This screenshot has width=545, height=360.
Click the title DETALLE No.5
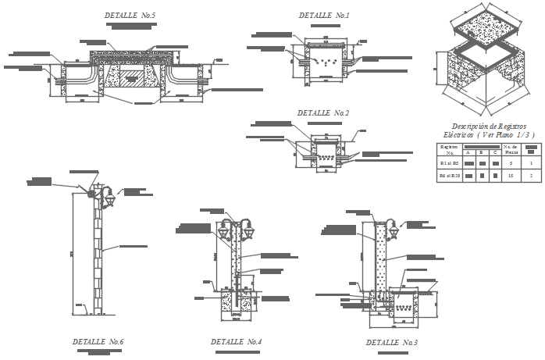click(130, 15)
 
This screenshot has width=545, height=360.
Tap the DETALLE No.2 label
click(322, 112)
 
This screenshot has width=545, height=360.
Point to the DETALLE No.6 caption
click(98, 341)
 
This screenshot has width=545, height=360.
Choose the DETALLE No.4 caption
click(236, 341)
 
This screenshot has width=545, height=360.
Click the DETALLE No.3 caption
click(392, 342)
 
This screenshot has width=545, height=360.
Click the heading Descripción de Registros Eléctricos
click(489, 130)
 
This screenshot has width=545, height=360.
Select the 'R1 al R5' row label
click(448, 164)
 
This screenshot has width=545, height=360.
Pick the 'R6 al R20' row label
click(448, 177)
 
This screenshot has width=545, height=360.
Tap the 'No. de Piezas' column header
click(510, 149)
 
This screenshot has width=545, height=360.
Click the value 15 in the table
click(510, 177)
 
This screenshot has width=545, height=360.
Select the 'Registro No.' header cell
click(448, 149)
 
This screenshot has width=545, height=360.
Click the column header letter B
click(483, 153)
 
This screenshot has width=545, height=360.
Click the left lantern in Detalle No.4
click(224, 230)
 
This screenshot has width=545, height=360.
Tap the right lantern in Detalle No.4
click(250, 230)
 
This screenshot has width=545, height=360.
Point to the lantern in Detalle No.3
click(393, 229)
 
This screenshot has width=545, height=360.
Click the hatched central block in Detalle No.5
click(132, 76)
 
